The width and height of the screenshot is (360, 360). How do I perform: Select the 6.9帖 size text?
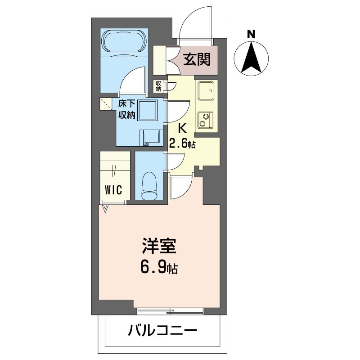(159, 268)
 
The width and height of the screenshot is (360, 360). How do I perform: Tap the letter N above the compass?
(252, 33)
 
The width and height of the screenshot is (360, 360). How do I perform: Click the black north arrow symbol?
(252, 58)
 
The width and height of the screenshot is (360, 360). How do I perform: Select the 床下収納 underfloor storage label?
(126, 109)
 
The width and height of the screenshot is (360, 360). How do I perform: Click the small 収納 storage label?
(159, 85)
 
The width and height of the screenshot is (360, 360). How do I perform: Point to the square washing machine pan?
(147, 110)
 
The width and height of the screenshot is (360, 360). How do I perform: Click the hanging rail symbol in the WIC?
(113, 171)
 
